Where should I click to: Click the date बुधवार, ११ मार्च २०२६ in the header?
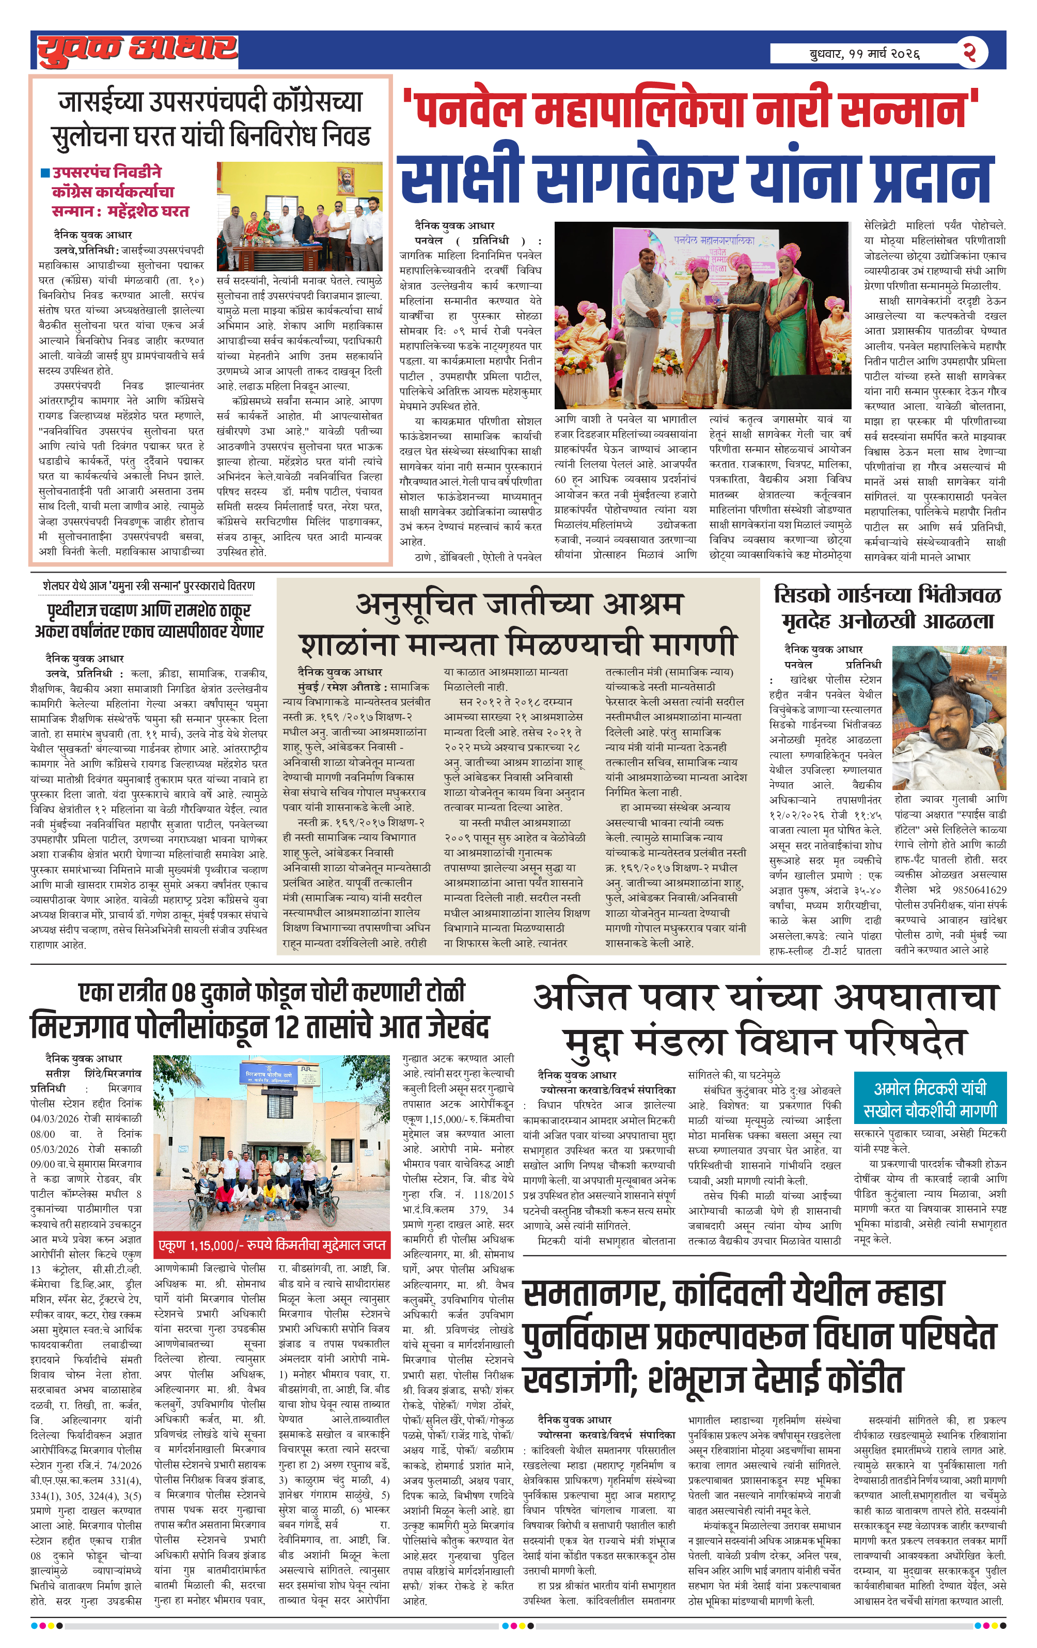click(864, 53)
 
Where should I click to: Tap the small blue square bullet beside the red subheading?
click(45, 173)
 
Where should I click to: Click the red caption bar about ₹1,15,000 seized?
click(272, 1245)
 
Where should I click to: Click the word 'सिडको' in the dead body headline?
click(804, 594)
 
